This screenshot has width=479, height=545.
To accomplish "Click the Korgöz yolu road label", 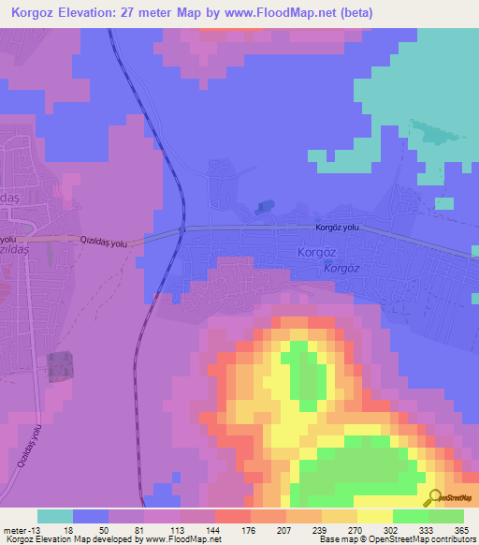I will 338,228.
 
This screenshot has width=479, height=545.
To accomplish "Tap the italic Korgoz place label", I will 341,268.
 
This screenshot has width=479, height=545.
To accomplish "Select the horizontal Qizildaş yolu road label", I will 104,242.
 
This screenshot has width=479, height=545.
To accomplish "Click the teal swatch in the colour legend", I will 55,516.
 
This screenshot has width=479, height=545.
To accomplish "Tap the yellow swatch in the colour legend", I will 375,516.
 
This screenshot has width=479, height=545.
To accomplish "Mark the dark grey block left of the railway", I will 59,365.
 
